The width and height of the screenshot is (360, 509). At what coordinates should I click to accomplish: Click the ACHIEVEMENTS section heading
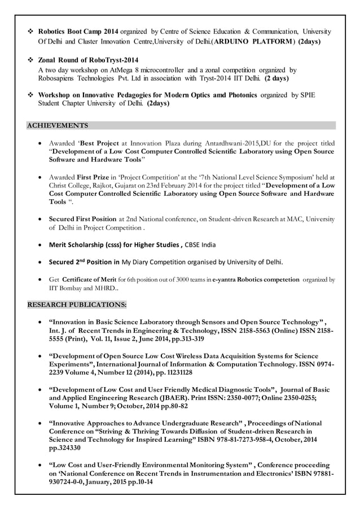pyautogui.click(x=58, y=125)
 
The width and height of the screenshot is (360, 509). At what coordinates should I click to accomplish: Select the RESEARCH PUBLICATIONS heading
pyautogui.click(x=77, y=305)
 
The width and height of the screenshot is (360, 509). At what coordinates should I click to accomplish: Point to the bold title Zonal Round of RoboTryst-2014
pyautogui.click(x=88, y=60)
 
